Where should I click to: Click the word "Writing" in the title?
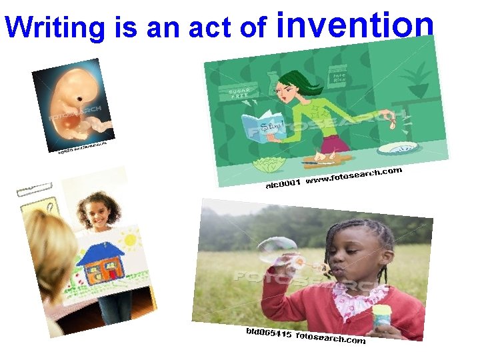(x=54, y=27)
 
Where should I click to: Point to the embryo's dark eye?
(x=80, y=99)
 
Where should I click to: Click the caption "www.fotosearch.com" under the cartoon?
(x=353, y=176)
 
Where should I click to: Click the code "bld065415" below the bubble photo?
(x=268, y=331)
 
